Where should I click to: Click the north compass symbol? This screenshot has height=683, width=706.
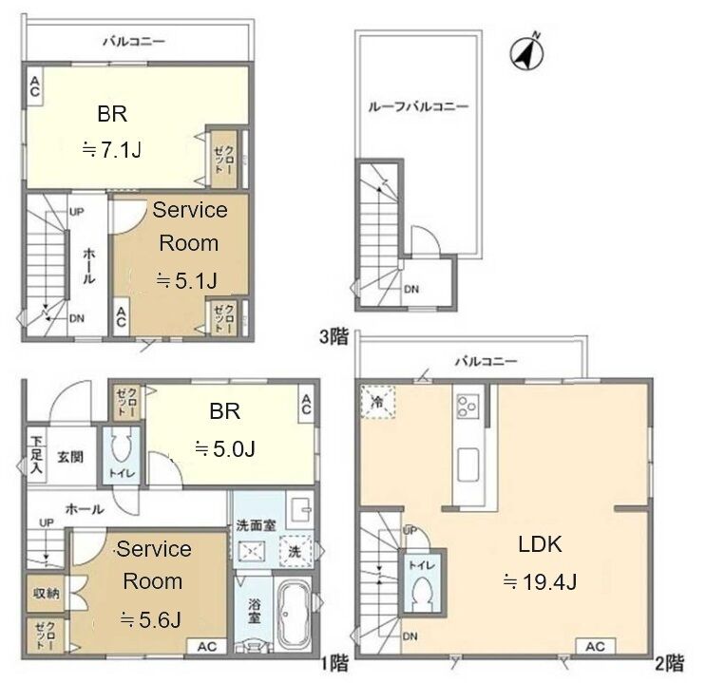526,52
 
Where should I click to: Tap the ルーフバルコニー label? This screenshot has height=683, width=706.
418,106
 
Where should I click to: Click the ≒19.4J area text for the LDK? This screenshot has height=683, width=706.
540,582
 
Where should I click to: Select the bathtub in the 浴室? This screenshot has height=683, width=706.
293,614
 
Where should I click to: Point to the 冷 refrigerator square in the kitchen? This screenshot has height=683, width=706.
377,402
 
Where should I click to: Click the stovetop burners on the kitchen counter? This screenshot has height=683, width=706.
467,407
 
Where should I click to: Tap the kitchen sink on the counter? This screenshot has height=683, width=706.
468,465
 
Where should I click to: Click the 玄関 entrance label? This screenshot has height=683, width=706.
70,457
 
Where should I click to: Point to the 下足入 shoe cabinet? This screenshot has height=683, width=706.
36,454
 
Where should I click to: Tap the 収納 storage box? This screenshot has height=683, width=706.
46,594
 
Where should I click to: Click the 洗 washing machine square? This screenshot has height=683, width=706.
295,551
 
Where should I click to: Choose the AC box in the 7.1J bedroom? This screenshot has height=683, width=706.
34,86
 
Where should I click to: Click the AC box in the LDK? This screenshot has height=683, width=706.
595,647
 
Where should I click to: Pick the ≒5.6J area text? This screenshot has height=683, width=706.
151,620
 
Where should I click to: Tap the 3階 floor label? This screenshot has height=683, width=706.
334,336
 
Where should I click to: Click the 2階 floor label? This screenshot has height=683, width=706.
669,663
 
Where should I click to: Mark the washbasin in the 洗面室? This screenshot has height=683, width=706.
300,511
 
